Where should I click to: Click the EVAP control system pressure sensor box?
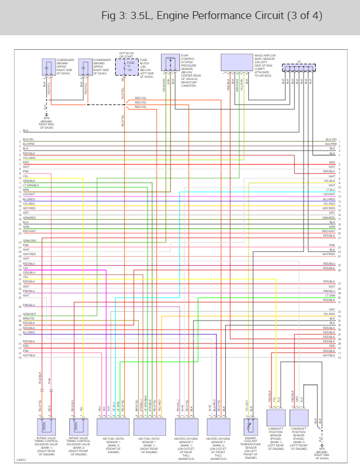168,62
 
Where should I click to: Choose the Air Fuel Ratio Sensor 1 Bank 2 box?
113,427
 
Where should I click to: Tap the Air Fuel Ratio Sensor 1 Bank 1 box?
149,427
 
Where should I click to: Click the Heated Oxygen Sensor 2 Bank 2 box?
219,427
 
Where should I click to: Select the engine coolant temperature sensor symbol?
250,426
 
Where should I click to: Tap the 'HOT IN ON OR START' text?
126,54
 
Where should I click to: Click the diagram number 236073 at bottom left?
20,460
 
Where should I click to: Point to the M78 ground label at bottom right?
321,449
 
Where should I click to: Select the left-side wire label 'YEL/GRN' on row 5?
29,158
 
